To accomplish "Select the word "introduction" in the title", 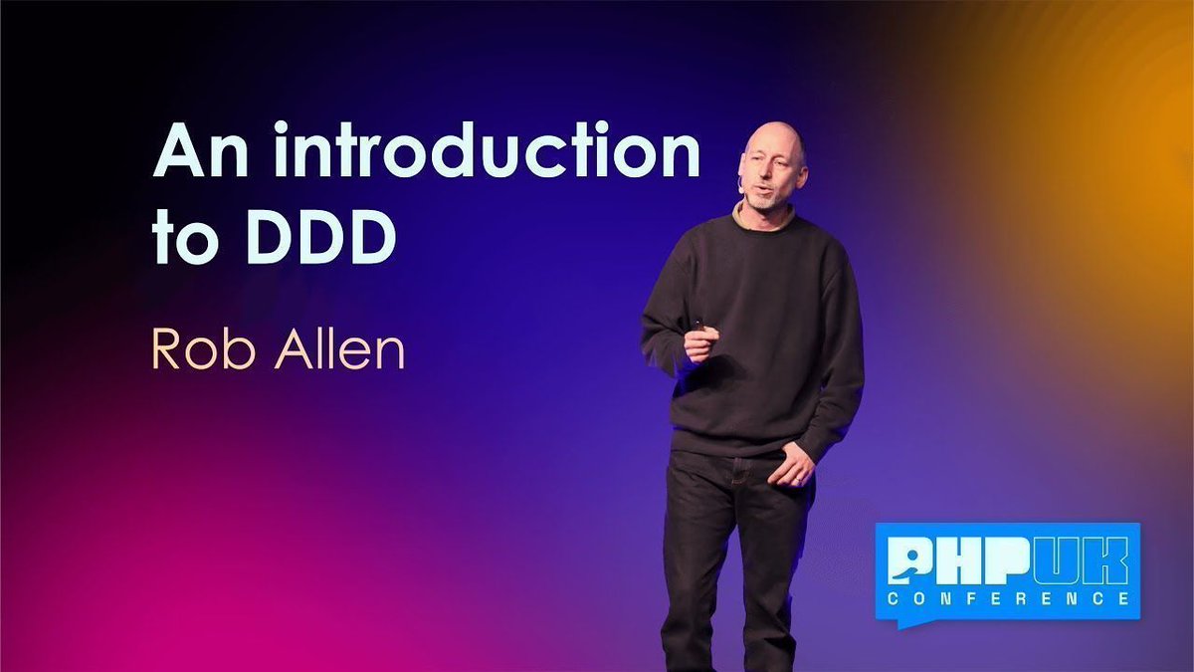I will click(488, 153).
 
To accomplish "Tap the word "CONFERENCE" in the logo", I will click(1008, 598).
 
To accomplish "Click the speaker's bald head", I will click(773, 139).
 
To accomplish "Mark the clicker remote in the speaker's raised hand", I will click(698, 325).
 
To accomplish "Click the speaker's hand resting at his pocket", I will click(796, 465).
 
